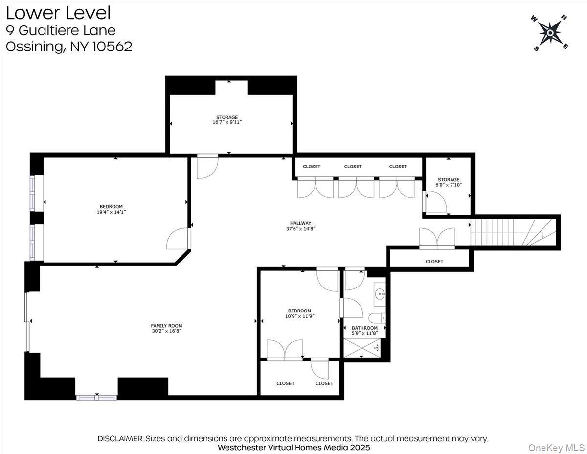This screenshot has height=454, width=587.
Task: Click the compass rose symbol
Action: [x=550, y=33]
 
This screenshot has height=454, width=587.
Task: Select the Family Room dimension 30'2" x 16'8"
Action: [x=166, y=331]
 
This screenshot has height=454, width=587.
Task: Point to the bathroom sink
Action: [x=379, y=294]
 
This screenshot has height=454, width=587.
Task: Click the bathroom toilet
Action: [x=377, y=318]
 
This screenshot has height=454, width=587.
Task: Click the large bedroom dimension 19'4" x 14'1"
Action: [x=111, y=213]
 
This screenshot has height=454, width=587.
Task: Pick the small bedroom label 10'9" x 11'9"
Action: [x=299, y=316]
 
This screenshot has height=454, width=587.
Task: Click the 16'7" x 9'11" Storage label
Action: [x=227, y=122]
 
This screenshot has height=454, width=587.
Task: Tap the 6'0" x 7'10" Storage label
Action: [x=449, y=185]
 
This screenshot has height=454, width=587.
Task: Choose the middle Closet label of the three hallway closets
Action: [x=353, y=167]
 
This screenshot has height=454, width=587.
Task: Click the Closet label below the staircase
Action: [x=434, y=262]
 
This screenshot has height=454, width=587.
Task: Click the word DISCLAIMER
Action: [x=120, y=439]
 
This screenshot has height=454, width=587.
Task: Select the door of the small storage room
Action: [x=434, y=202]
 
